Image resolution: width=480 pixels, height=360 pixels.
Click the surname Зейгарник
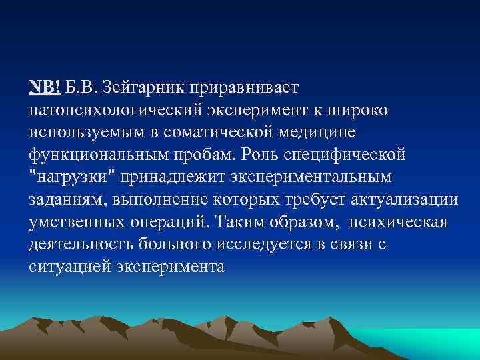[149, 89]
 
